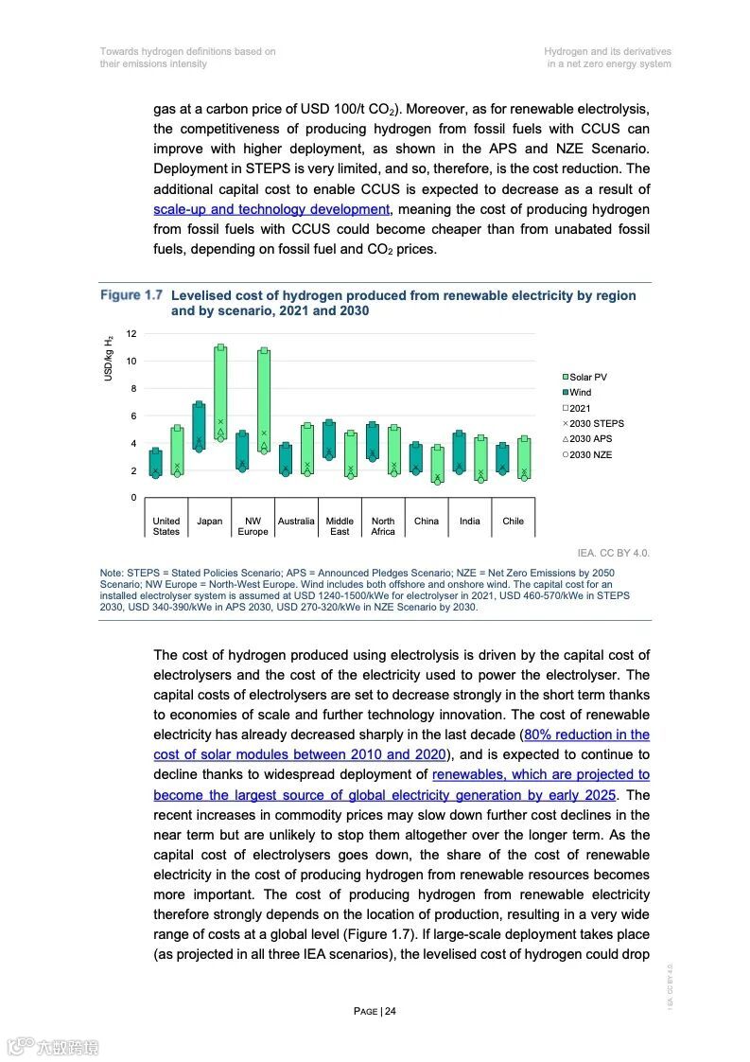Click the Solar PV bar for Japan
220,393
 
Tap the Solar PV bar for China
437,464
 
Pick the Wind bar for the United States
155,463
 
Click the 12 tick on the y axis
132,334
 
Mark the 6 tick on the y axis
132,416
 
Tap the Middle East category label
340,526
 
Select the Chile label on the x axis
513,522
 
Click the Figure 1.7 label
131,295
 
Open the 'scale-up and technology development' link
270,209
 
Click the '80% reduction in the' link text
586,735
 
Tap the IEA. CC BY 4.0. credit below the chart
613,553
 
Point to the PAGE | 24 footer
375,1011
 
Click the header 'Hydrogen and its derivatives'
607,51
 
